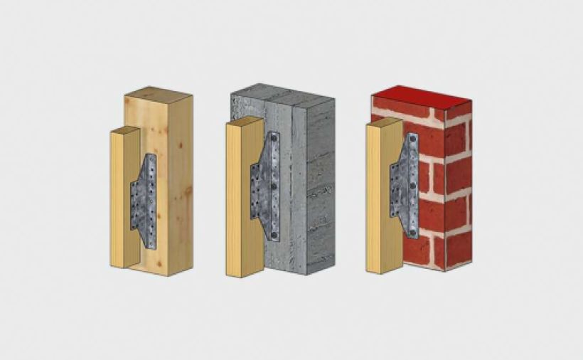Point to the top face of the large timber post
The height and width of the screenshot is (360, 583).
click(158, 94)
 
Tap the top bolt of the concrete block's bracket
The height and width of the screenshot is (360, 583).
click(274, 139)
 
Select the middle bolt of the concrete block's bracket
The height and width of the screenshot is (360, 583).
click(274, 185)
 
